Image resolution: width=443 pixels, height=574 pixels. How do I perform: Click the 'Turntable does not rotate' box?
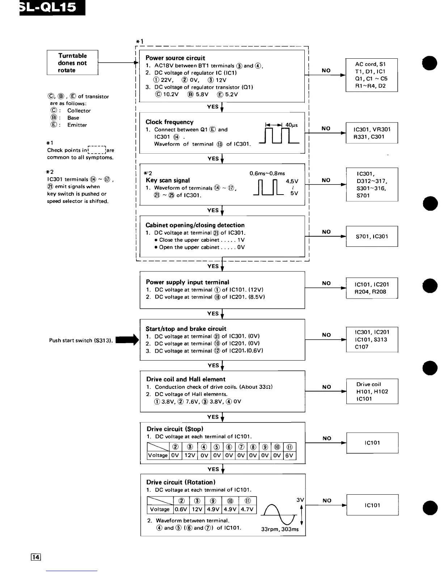pyautogui.click(x=72, y=63)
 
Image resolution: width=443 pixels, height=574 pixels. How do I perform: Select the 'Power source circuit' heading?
pyautogui.click(x=175, y=58)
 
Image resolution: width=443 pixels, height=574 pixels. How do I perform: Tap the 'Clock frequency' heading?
pyautogui.click(x=169, y=122)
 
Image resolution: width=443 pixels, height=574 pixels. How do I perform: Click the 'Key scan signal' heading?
pyautogui.click(x=168, y=180)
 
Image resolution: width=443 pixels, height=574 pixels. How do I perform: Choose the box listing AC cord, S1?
pyautogui.click(x=371, y=75)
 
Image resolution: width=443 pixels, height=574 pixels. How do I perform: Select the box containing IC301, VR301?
pyautogui.click(x=372, y=133)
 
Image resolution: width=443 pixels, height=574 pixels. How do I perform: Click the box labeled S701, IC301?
pyautogui.click(x=372, y=236)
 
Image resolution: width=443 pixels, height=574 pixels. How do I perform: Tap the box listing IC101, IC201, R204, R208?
pyautogui.click(x=372, y=288)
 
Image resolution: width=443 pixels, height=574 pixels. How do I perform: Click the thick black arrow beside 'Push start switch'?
pyautogui.click(x=127, y=340)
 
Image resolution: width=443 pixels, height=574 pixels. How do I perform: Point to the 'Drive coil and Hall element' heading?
pyautogui.click(x=186, y=379)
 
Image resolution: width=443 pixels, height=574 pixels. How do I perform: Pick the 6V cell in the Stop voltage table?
pyautogui.click(x=290, y=456)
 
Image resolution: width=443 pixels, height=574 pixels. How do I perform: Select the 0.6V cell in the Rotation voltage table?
pyautogui.click(x=181, y=509)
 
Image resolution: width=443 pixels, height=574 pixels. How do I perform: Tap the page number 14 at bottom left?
pyautogui.click(x=36, y=557)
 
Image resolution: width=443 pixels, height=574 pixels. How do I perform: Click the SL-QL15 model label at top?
pyautogui.click(x=51, y=8)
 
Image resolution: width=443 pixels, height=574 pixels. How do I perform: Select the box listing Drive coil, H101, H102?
pyautogui.click(x=372, y=391)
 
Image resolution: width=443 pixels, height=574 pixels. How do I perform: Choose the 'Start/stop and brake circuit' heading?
pyautogui.click(x=186, y=329)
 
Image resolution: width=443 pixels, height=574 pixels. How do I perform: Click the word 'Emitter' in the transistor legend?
pyautogui.click(x=77, y=125)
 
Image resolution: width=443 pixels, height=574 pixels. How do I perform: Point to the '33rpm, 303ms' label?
pyautogui.click(x=280, y=529)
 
